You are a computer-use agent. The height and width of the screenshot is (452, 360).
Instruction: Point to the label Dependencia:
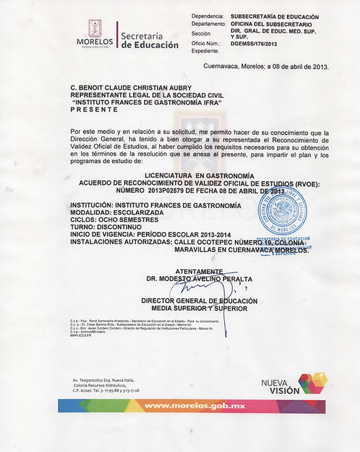click(207, 15)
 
